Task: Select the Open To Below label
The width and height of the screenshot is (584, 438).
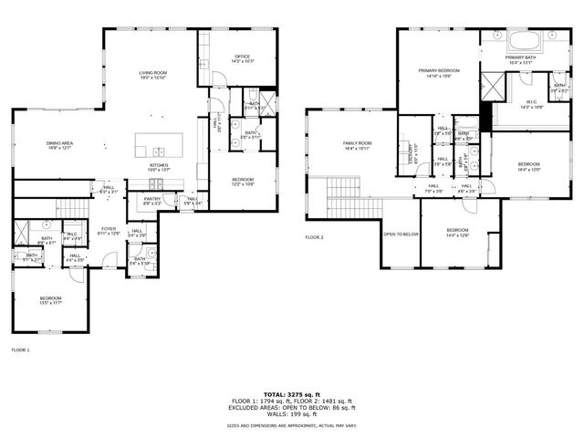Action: (401, 234)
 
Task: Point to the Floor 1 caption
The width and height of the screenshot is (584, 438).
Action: (20, 350)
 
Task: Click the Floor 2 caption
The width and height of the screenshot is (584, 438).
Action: (315, 237)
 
